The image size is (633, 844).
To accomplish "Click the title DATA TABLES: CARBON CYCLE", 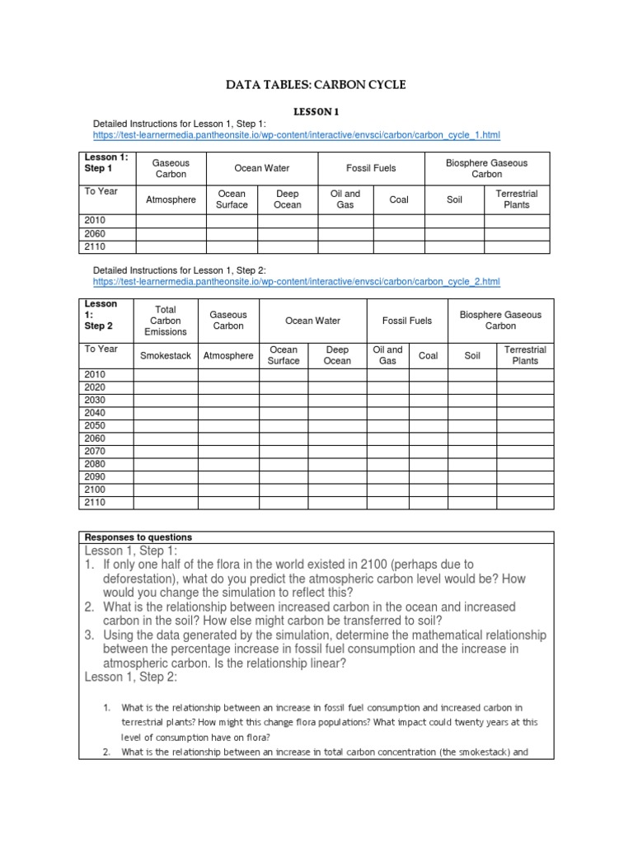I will (x=316, y=84).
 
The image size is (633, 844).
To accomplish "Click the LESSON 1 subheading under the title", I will (x=316, y=111).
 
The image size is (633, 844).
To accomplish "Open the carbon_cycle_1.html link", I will (x=297, y=134).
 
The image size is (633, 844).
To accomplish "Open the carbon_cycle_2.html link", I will (x=297, y=282).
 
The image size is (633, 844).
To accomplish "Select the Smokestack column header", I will (x=166, y=355).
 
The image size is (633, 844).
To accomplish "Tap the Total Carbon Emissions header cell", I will (x=166, y=321).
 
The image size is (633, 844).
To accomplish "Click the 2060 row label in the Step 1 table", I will (x=96, y=233).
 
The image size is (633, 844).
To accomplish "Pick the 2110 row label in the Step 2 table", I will (x=96, y=502).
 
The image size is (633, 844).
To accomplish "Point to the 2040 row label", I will (x=96, y=412).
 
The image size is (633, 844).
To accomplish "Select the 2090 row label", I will (x=96, y=476).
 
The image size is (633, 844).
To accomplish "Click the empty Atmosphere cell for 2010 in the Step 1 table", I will (x=171, y=221).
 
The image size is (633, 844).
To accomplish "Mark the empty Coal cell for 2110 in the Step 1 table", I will (x=399, y=246).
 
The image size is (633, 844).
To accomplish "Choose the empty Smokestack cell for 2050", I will (x=166, y=425).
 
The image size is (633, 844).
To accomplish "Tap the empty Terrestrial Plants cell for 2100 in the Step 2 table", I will (x=525, y=490).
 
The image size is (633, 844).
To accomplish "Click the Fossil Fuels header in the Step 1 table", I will (x=371, y=168).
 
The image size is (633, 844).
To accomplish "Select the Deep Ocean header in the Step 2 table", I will (x=337, y=355).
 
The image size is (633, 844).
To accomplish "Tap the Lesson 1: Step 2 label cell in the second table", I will (x=100, y=315).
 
